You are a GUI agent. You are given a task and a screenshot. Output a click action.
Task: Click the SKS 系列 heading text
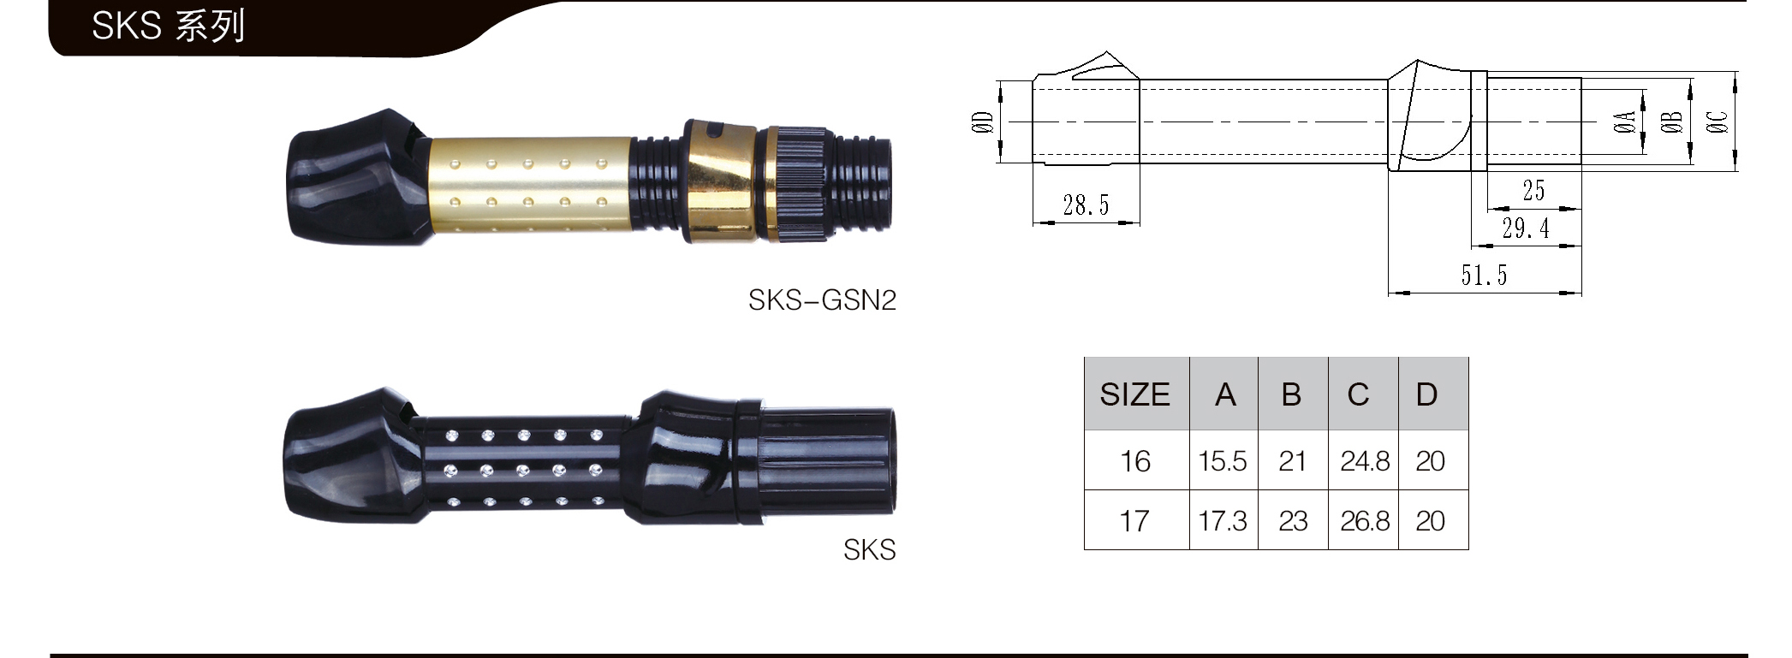(x=169, y=26)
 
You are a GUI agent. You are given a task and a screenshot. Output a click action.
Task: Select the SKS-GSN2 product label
(x=822, y=300)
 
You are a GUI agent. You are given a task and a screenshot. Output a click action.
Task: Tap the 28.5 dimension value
(x=1086, y=205)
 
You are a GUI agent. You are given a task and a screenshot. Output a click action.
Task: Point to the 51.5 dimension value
(x=1484, y=276)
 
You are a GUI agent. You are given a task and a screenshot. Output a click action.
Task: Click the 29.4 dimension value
(x=1526, y=228)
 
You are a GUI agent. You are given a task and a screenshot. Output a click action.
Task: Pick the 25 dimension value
(x=1533, y=191)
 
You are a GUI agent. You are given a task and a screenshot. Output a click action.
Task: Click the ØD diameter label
(x=983, y=122)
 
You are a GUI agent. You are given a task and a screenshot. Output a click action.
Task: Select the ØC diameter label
(x=1717, y=122)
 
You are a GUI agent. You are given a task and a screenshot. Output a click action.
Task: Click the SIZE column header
(x=1134, y=394)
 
